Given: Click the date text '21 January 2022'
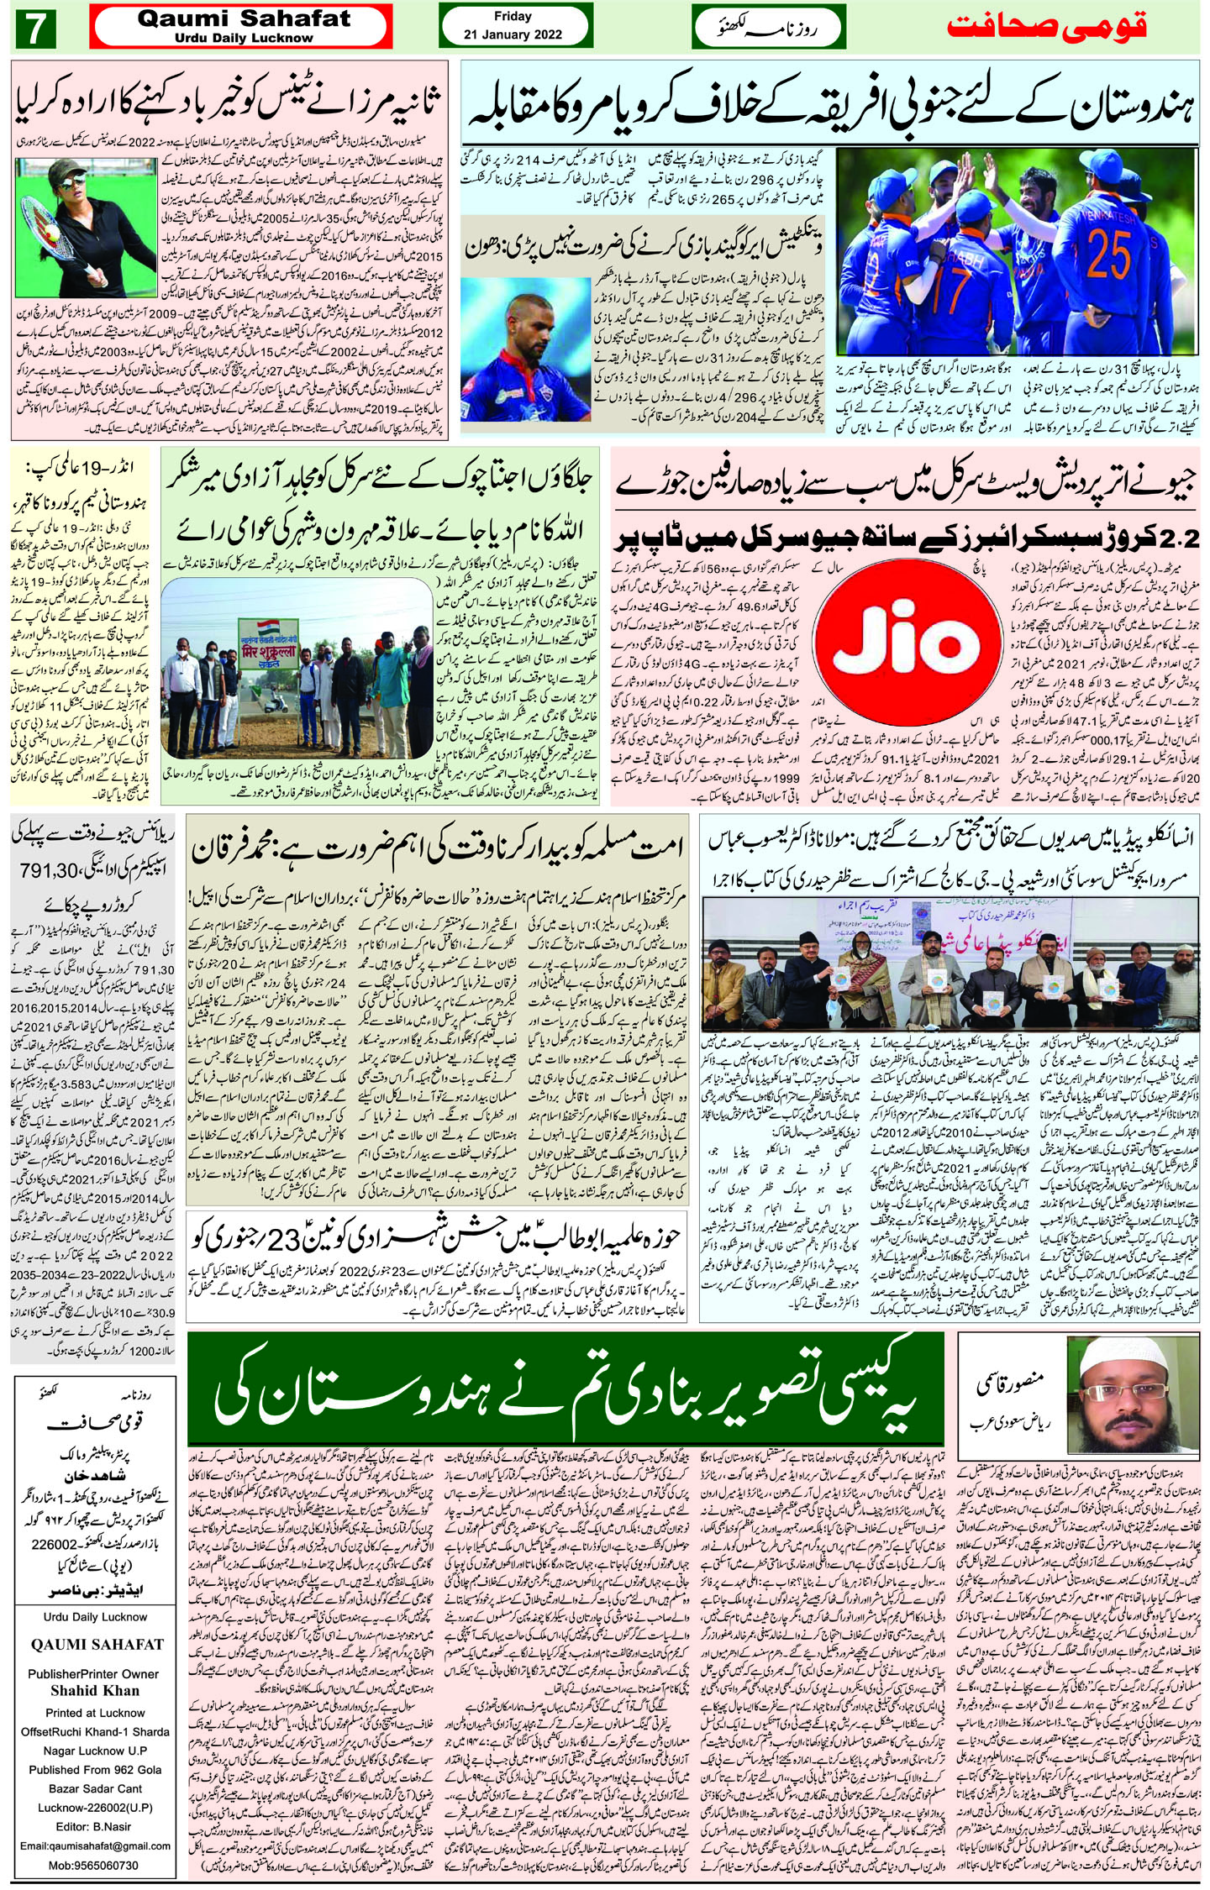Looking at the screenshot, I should [x=513, y=35].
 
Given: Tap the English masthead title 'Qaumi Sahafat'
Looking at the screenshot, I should [x=244, y=19].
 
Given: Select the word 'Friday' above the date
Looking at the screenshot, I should [x=513, y=16].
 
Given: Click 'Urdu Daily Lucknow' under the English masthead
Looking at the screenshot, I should [x=244, y=38].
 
